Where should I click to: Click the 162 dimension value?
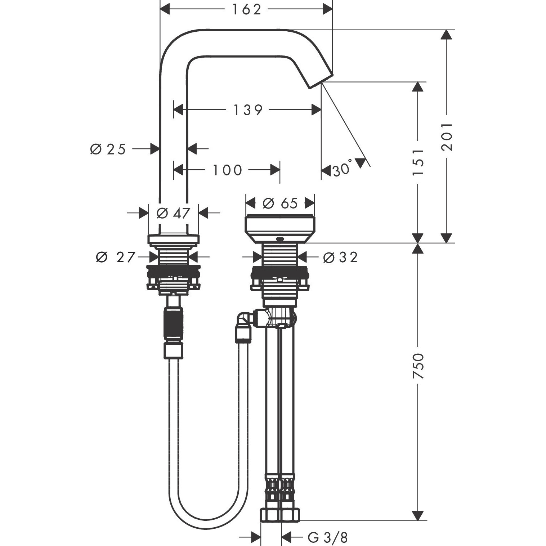tap(246, 10)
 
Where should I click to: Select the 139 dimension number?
tap(248, 110)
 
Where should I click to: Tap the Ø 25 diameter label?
tap(108, 149)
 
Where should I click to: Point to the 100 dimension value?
tap(227, 170)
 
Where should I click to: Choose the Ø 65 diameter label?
tap(280, 203)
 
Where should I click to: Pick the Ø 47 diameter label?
tap(173, 213)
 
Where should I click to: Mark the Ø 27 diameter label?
tap(115, 257)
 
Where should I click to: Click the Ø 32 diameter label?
tap(340, 257)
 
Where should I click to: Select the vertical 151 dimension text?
tap(418, 162)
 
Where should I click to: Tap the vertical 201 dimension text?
tap(447, 136)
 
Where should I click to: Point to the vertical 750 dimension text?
tap(418, 366)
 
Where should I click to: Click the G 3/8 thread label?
tap(328, 538)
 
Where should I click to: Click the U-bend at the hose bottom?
tap(208, 519)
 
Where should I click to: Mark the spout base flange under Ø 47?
tap(173, 239)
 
